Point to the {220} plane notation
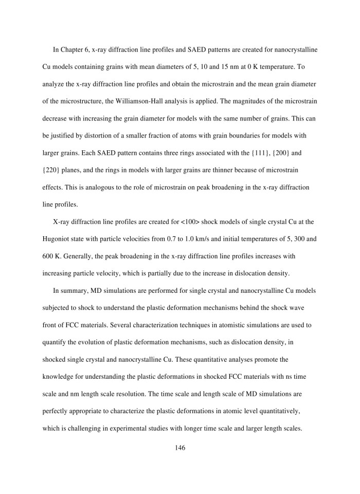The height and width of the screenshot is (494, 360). [52, 170]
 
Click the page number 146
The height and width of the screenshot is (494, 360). [180, 448]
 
